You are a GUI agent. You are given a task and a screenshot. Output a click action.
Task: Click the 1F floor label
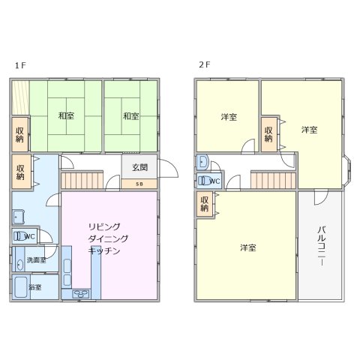tap(19, 65)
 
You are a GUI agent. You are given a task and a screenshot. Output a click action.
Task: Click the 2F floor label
tap(204, 65)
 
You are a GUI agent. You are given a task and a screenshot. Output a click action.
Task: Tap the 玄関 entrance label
tap(140, 168)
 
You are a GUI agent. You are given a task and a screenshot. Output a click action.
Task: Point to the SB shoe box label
tap(140, 183)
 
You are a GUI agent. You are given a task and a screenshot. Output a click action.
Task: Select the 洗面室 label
tap(36, 260)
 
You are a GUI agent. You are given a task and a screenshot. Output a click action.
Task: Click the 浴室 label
tap(34, 286)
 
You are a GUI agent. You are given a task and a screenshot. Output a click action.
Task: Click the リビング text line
tap(104, 226)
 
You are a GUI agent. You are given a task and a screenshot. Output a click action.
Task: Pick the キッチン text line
tap(104, 251)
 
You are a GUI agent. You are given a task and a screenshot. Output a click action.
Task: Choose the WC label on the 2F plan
tap(214, 181)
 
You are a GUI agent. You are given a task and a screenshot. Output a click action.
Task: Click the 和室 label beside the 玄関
tap(130, 116)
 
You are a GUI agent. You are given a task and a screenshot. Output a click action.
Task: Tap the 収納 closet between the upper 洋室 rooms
tap(268, 133)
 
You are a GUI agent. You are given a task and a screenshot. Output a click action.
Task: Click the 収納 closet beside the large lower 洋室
tap(204, 203)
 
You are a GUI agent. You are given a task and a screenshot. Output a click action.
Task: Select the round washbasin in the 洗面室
tap(18, 264)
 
